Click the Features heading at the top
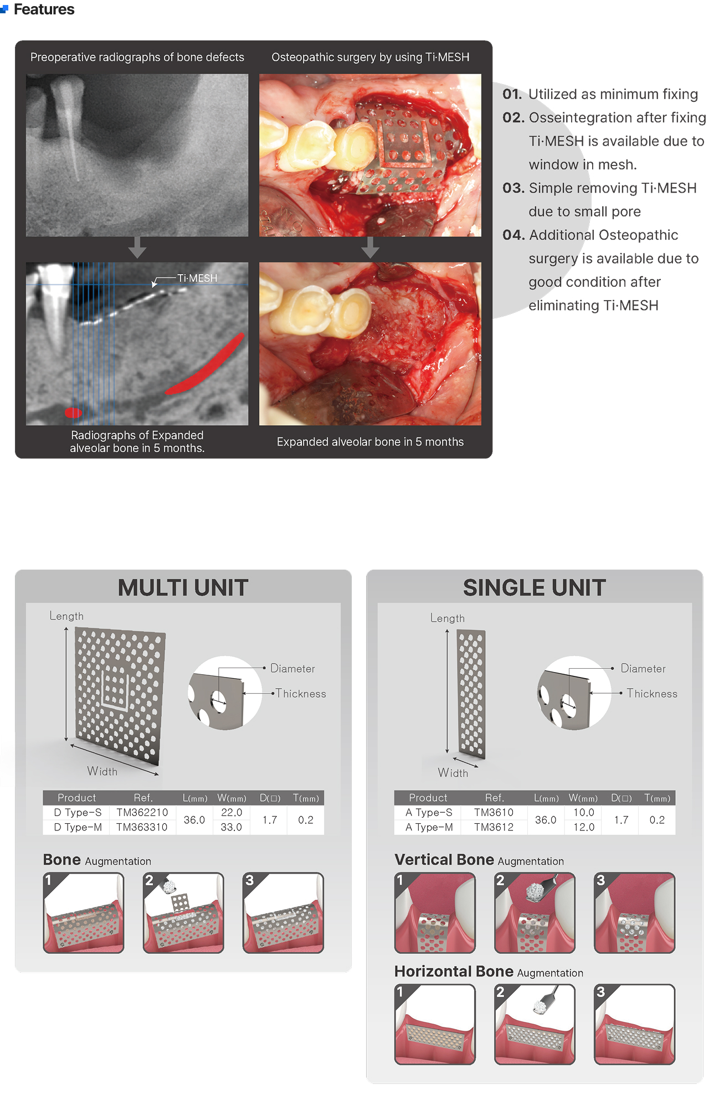44,9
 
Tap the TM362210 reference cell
142,812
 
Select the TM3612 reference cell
494,827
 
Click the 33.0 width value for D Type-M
232,827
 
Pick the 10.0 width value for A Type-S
584,812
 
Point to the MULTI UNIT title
183,588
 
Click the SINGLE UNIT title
535,588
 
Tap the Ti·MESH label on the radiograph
197,278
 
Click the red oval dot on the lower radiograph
73,412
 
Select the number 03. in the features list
513,188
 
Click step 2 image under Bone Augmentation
183,913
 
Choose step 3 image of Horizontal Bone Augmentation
635,1024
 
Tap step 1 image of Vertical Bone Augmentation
435,913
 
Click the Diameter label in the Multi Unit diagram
292,669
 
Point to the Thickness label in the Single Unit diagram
652,694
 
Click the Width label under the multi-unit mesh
102,771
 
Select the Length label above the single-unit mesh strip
448,618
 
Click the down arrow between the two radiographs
137,247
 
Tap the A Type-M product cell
429,827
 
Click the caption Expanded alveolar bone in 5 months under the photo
370,442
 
